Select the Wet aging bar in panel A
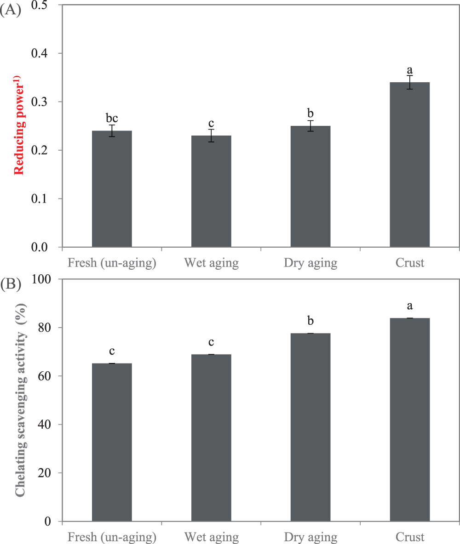tap(211, 191)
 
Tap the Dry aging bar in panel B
tap(310, 427)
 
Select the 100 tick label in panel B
tap(45, 279)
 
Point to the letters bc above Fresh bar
tap(112, 118)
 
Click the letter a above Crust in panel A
tap(409, 70)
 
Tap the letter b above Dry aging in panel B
tap(310, 320)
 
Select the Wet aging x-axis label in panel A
tap(211, 263)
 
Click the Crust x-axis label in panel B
tap(409, 537)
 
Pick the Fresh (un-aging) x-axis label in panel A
tap(112, 263)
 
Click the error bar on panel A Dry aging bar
tap(310, 126)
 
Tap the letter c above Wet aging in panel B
tap(211, 342)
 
